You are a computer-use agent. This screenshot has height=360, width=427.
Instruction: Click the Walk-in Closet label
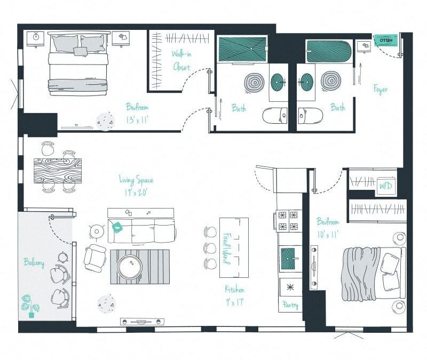[182, 60]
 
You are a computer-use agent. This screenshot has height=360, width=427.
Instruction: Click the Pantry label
[290, 306]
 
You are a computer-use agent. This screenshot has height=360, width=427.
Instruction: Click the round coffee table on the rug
[130, 266]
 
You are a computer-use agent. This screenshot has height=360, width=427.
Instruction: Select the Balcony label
[34, 262]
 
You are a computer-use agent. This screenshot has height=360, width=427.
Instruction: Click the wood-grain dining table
[58, 170]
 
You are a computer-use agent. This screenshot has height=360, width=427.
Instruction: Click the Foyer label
[381, 89]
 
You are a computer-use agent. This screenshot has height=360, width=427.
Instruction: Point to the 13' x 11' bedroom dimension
[137, 121]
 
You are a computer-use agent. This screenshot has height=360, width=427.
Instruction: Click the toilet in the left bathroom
[275, 115]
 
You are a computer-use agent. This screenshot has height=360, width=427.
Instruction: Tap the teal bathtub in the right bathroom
[328, 51]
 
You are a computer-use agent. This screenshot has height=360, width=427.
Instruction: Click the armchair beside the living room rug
[95, 258]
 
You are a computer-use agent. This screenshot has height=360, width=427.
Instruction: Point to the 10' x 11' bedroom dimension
[327, 234]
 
